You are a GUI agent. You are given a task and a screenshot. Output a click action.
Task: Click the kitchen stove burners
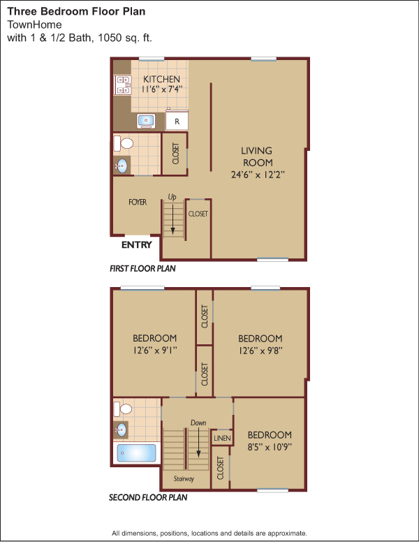click(123, 85)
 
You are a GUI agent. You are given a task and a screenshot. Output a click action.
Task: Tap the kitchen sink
click(146, 121)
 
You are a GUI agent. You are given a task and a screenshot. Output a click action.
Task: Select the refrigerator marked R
click(177, 120)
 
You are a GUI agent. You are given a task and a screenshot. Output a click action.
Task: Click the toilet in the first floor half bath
click(124, 143)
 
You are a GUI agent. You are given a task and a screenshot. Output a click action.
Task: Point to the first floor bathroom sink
click(122, 166)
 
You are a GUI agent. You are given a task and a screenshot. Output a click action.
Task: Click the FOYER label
click(138, 202)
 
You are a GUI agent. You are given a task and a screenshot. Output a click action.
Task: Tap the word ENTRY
click(137, 244)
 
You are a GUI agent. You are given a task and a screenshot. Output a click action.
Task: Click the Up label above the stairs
click(172, 197)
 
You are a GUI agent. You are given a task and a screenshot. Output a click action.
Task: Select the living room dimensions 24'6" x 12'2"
click(258, 175)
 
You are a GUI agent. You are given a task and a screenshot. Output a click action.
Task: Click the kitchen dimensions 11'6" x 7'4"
click(161, 89)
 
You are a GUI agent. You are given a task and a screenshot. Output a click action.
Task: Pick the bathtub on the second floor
click(136, 453)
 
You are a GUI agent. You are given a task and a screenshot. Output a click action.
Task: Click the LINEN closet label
click(222, 439)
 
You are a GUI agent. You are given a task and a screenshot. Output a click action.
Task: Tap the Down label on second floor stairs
click(198, 423)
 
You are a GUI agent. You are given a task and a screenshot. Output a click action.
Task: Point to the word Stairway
click(184, 478)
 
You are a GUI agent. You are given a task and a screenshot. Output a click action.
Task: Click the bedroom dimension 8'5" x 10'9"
click(270, 447)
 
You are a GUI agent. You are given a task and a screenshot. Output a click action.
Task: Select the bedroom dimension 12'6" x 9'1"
click(155, 350)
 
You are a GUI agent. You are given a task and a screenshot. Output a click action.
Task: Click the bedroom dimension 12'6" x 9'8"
click(260, 351)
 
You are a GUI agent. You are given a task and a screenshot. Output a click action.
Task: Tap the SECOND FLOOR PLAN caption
click(148, 497)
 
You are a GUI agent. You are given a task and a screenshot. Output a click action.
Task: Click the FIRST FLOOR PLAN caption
click(142, 269)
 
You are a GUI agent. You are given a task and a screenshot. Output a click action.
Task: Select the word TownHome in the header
click(35, 24)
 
